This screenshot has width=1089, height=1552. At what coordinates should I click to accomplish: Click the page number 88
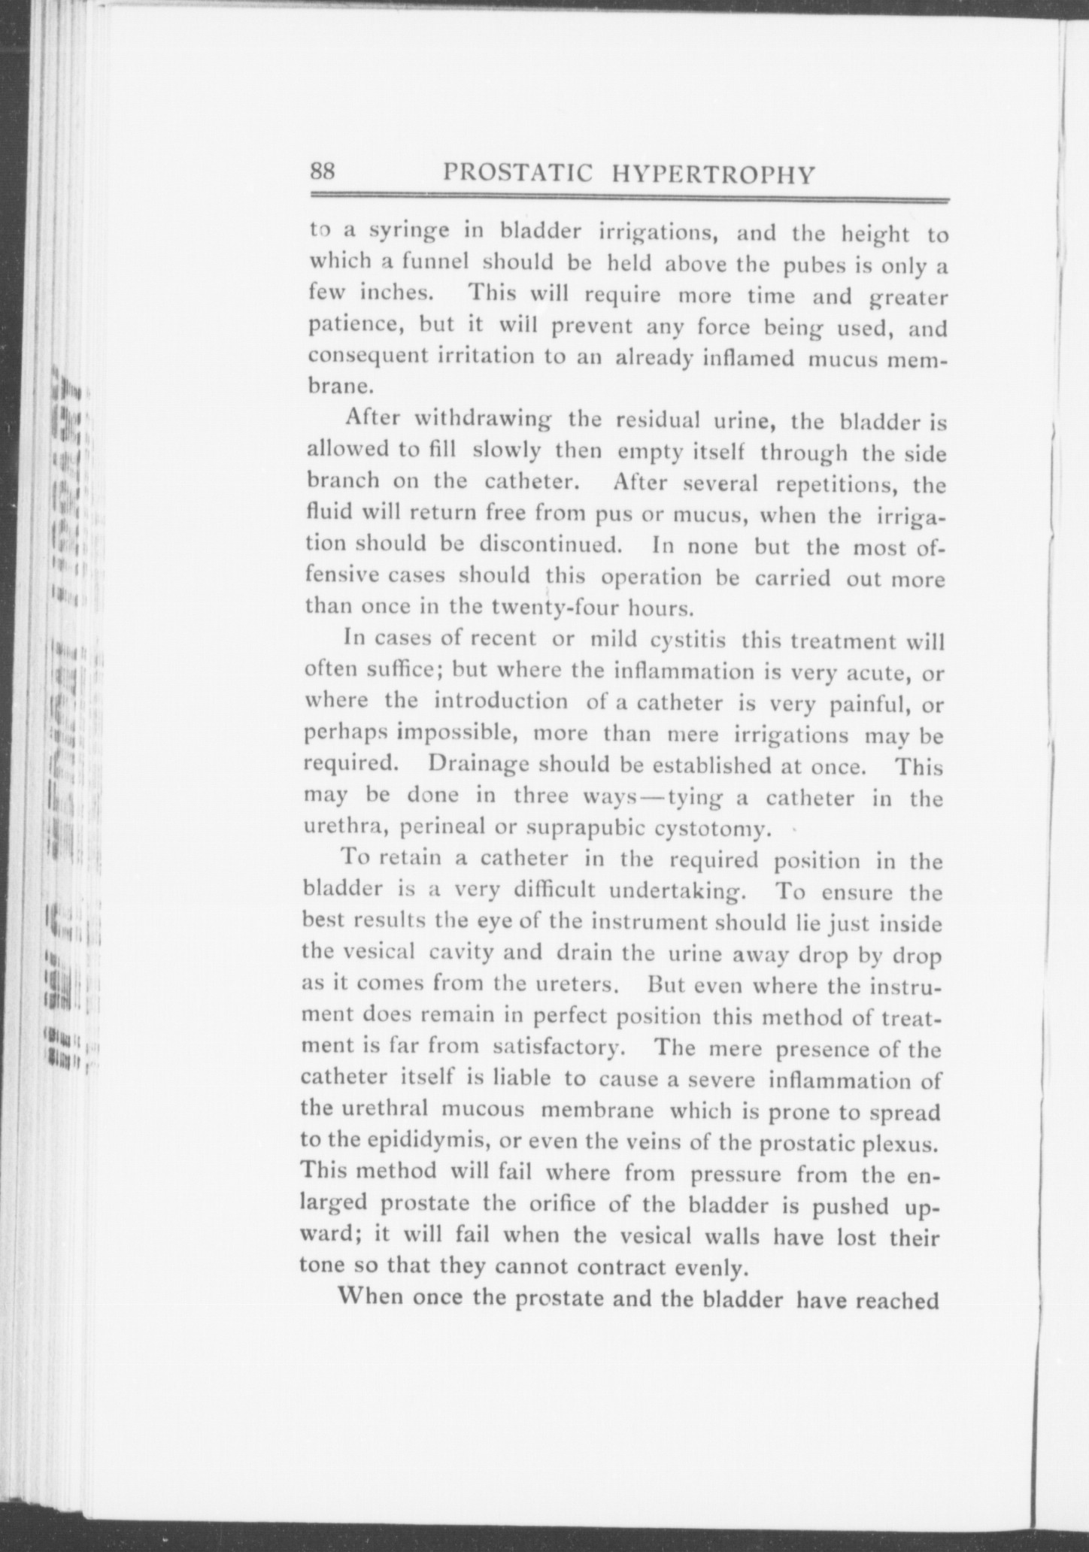coord(323,172)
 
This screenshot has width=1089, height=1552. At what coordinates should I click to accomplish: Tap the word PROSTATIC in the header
coord(519,174)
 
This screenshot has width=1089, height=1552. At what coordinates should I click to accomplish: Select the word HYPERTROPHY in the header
coord(714,174)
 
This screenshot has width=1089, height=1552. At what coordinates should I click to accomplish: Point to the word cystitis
coord(687,641)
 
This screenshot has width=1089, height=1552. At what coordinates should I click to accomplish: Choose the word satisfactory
coord(557,1047)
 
